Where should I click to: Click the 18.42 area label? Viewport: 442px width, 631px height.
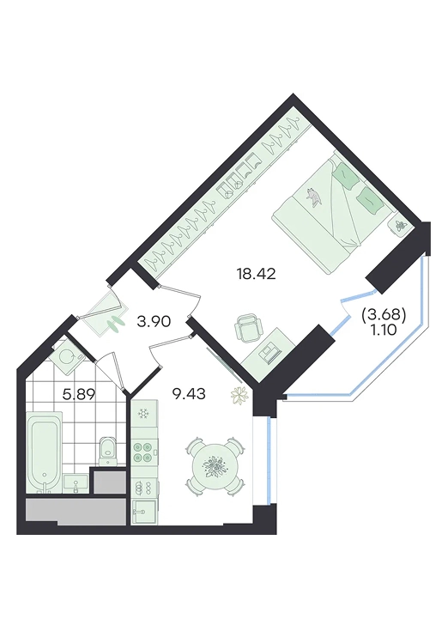[257, 274]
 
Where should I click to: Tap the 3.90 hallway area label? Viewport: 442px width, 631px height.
[154, 322]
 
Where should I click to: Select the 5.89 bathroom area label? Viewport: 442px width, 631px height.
[78, 394]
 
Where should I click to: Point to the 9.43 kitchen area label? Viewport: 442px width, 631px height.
[189, 394]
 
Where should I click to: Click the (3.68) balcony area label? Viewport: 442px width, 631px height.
[384, 316]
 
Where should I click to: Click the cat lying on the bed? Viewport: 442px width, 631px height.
[314, 197]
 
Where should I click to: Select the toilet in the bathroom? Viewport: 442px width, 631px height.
[107, 451]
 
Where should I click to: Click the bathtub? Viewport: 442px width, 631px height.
[45, 452]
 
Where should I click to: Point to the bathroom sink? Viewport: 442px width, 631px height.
[76, 483]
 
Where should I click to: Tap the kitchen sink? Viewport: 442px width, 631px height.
[144, 511]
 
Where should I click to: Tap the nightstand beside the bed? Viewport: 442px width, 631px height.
[401, 226]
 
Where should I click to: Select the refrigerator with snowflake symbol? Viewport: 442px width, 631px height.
[144, 414]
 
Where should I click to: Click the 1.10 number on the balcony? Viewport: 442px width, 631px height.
[384, 330]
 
